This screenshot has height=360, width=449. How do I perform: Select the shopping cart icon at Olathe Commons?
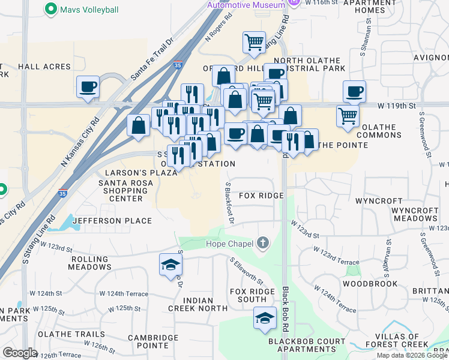[348, 116]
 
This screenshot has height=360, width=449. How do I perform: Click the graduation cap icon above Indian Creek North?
[170, 264]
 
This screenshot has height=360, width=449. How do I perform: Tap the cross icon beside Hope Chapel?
[262, 244]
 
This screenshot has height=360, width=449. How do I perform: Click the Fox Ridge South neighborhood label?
[252, 295]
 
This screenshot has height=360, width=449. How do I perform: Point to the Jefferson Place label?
[112, 221]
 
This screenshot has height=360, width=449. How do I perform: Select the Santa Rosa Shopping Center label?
[121, 191]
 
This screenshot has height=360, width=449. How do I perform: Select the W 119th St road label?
[396, 106]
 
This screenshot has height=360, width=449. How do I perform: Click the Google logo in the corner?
[20, 353]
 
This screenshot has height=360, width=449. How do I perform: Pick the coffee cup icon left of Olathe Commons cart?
[354, 91]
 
